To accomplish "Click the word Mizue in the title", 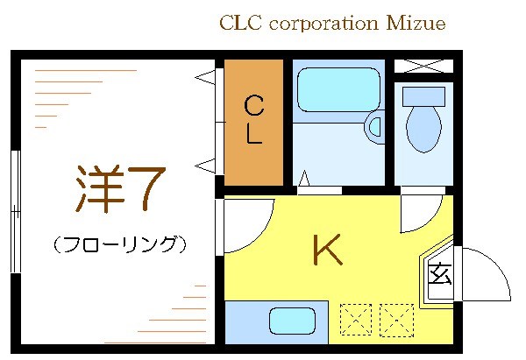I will pyautogui.click(x=416, y=23).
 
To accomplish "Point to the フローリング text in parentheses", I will pyautogui.click(x=119, y=244).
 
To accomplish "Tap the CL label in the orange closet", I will pyautogui.click(x=253, y=120).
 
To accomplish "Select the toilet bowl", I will pyautogui.click(x=423, y=130).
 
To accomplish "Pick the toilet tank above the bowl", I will pyautogui.click(x=423, y=95).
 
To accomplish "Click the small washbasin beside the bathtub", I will pyautogui.click(x=376, y=126).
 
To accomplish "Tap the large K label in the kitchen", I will pyautogui.click(x=327, y=252).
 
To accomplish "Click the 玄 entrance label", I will pyautogui.click(x=439, y=275).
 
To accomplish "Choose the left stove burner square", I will pyautogui.click(x=355, y=318).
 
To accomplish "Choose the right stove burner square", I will pyautogui.click(x=396, y=318).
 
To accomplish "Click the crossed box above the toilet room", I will pyautogui.click(x=423, y=66).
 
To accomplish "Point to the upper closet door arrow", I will pyautogui.click(x=204, y=78).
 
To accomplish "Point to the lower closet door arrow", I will pyautogui.click(x=204, y=164).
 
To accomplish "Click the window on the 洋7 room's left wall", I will pyautogui.click(x=14, y=211).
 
